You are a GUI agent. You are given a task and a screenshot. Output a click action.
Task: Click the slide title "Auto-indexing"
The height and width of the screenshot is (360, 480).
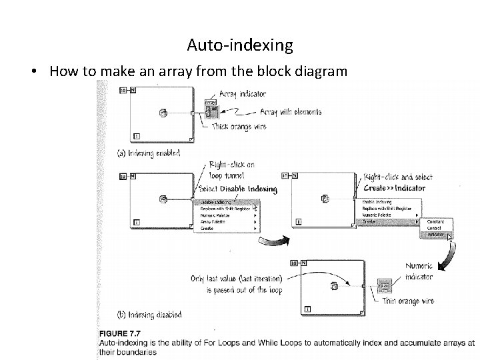point(239,45)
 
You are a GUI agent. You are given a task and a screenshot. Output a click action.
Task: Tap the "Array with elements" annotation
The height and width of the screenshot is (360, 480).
point(290,112)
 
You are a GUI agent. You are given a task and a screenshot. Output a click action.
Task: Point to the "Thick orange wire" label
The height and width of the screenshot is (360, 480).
point(238,127)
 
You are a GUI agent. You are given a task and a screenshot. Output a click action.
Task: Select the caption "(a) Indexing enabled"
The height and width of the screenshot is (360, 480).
point(149,153)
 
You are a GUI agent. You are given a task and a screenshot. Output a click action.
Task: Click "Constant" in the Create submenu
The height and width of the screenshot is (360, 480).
point(437,221)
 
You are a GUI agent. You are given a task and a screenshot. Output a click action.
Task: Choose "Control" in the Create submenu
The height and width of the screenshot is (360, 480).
point(435,228)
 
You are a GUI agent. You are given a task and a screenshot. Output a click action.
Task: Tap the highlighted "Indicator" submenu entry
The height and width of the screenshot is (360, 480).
point(437,235)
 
